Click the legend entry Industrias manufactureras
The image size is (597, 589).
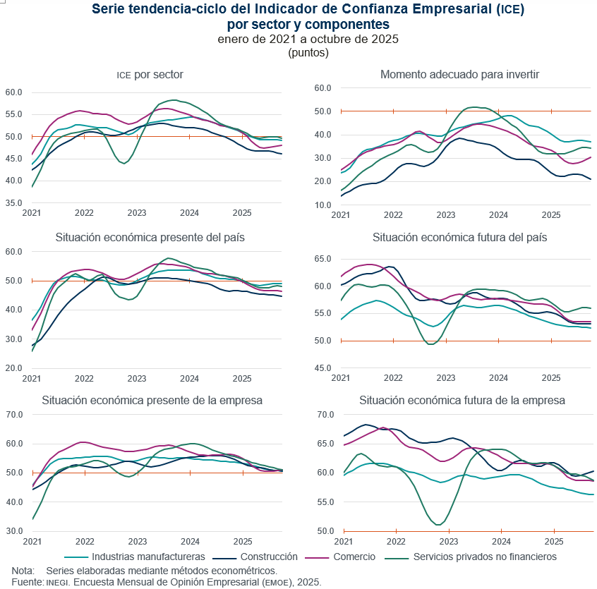tap(148, 557)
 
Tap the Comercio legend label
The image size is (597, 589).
tap(354, 557)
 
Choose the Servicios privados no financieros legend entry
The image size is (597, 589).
tap(485, 557)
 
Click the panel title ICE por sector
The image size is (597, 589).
tap(150, 75)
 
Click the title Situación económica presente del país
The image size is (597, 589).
tap(150, 237)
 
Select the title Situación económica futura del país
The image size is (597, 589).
tap(460, 237)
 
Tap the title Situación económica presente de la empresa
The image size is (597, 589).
tap(152, 400)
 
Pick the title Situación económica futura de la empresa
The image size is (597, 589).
tap(462, 400)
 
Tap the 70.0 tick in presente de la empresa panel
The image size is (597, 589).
tap(15, 414)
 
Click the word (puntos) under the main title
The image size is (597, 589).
tap(308, 52)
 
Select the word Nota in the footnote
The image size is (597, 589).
tap(23, 570)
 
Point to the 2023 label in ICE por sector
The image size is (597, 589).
tap(137, 212)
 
